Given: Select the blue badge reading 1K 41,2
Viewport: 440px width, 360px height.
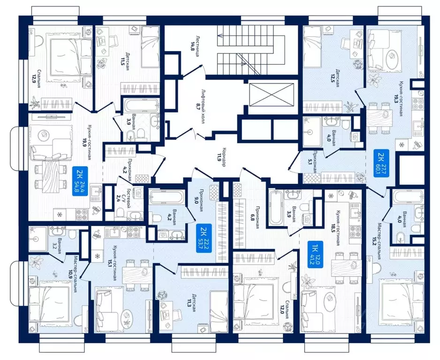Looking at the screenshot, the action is tap(315, 255).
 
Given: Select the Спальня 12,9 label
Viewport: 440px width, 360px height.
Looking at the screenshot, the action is tap(37, 78).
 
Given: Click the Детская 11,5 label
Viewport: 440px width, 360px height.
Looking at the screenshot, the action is tap(125, 61).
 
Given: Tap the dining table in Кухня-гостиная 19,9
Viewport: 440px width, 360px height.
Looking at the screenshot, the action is tap(55, 176).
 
